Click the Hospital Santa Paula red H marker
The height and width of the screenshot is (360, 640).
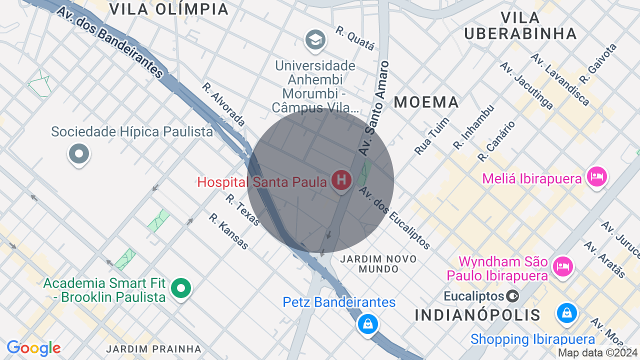(341, 179)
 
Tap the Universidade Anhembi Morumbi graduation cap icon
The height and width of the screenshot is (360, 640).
(315, 39)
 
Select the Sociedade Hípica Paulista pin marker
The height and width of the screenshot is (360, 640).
(79, 153)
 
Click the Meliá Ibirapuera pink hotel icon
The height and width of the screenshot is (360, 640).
(597, 176)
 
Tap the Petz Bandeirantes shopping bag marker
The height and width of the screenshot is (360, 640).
(368, 324)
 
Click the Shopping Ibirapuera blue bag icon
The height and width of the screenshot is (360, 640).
(567, 313)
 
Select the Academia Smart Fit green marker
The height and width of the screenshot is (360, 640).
(181, 288)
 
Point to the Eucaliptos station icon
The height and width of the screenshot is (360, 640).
(512, 296)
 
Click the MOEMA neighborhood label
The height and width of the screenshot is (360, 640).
(426, 102)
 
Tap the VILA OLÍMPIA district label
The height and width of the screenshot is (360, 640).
(169, 9)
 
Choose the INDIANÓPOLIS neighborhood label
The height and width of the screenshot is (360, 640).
(477, 315)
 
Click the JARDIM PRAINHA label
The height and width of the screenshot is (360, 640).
(154, 348)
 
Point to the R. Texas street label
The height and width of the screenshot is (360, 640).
(243, 210)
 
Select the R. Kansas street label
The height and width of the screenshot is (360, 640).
(228, 231)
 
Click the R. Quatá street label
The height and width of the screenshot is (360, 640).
(355, 38)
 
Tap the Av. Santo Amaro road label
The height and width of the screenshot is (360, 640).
(374, 107)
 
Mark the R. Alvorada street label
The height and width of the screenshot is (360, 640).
(223, 104)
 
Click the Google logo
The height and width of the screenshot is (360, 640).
(33, 348)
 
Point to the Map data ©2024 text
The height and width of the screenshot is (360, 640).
(598, 352)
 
